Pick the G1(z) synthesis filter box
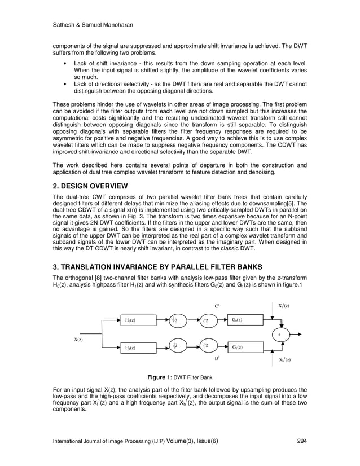tap(245, 347)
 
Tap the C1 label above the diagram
tap(217, 305)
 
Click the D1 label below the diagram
tap(217, 358)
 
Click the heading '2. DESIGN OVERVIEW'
tap(90, 186)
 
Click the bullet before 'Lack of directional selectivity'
tap(68, 83)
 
